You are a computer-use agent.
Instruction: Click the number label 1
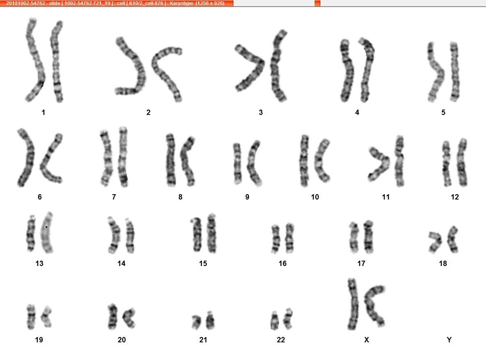point(43,112)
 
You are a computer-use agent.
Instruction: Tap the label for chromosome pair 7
point(114,197)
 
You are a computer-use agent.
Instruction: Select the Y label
point(449,340)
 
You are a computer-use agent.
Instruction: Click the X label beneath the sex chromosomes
point(367,340)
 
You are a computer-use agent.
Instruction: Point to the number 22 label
point(281,340)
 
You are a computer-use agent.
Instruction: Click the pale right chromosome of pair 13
point(47,233)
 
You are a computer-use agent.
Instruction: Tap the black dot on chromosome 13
point(46,227)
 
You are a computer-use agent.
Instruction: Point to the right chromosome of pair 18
point(452,239)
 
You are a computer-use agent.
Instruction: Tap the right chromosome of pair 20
point(129,317)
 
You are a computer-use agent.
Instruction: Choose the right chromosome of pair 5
point(455,72)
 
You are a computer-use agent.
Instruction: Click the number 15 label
point(203,264)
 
